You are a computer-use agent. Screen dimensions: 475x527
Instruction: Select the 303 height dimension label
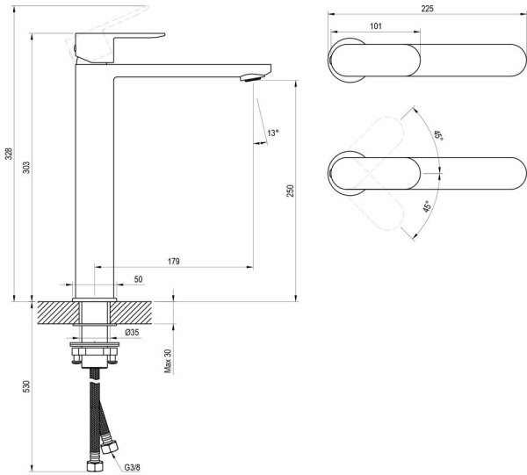pyautogui.click(x=27, y=166)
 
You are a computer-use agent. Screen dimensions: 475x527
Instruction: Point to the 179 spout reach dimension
pyautogui.click(x=173, y=261)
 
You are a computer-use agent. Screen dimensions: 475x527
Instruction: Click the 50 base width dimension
pyautogui.click(x=138, y=278)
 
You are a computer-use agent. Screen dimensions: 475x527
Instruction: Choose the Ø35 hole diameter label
pyautogui.click(x=131, y=334)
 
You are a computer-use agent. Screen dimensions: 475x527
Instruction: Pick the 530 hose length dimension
pyautogui.click(x=27, y=386)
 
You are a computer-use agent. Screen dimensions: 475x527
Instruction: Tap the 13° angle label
pyautogui.click(x=273, y=133)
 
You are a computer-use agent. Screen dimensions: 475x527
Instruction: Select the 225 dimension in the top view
pyautogui.click(x=426, y=8)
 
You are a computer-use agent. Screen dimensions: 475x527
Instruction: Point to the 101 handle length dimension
pyautogui.click(x=375, y=26)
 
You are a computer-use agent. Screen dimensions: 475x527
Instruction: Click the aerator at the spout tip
pyautogui.click(x=249, y=77)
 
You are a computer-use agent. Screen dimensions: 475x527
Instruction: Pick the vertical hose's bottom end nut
pyautogui.click(x=92, y=462)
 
